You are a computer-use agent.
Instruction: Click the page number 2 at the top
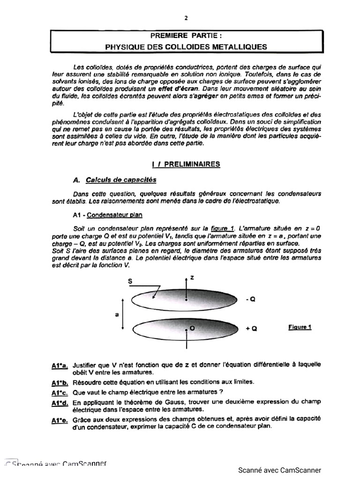click(x=186, y=18)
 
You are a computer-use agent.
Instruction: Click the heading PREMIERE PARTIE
click(x=186, y=36)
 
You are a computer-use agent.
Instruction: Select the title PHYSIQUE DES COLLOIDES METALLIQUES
click(x=186, y=46)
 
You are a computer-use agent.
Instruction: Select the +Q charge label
click(x=251, y=329)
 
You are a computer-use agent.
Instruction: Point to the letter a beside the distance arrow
click(x=116, y=315)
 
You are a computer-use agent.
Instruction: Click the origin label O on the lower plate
click(x=192, y=329)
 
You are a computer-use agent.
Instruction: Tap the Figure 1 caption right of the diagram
click(x=300, y=327)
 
